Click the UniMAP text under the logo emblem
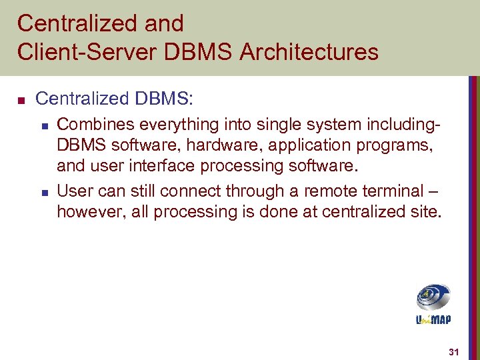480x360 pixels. click(x=433, y=320)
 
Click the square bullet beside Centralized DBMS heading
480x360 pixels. click(x=21, y=101)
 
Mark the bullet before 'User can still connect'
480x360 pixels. click(x=43, y=193)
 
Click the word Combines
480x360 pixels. click(x=89, y=123)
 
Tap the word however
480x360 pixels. click(x=88, y=211)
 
